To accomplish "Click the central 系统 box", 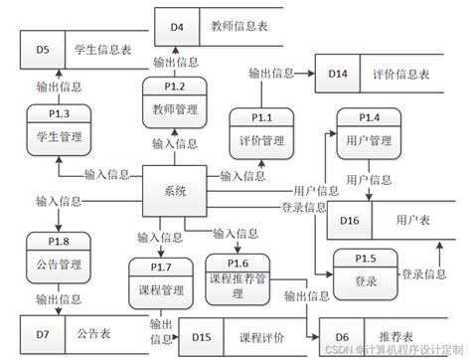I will point(175,189).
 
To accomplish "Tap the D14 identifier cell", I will point(338,74).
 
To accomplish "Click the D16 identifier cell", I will point(350,219).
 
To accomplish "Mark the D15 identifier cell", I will point(201,337).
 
